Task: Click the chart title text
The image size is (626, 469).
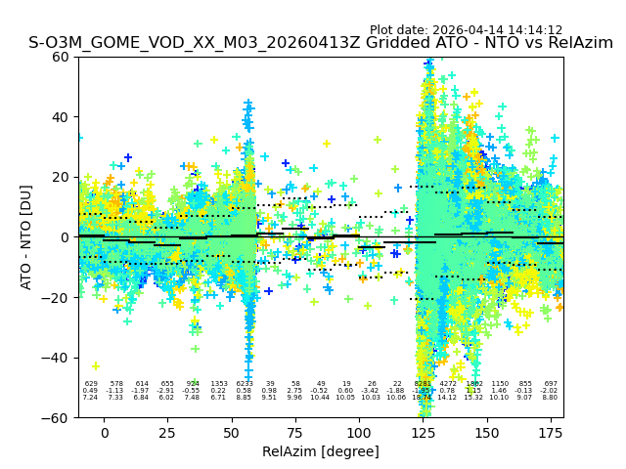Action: [321, 43]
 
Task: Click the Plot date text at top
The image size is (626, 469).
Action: [466, 30]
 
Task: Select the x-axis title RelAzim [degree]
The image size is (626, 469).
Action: [321, 451]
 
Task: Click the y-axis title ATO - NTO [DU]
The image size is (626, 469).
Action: [26, 236]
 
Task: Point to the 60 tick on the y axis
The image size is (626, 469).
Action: [61, 57]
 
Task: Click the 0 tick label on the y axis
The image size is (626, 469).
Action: [66, 237]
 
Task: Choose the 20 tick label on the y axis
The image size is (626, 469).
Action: [61, 177]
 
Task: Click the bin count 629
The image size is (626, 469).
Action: [91, 384]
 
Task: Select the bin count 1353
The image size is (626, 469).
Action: [218, 384]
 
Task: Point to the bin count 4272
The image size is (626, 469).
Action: [448, 384]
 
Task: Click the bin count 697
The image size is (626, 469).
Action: [550, 384]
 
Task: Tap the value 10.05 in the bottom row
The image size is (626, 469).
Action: [346, 398]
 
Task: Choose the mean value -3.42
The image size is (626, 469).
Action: [372, 391]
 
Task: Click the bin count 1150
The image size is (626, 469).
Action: [500, 384]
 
